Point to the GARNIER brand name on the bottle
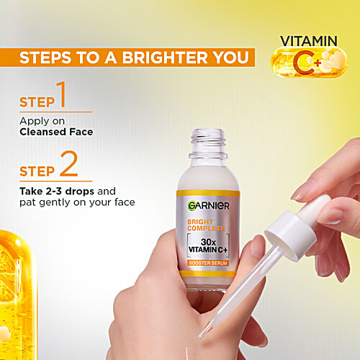point(208,206)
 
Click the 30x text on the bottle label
point(208,240)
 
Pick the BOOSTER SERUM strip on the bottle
point(208,264)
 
